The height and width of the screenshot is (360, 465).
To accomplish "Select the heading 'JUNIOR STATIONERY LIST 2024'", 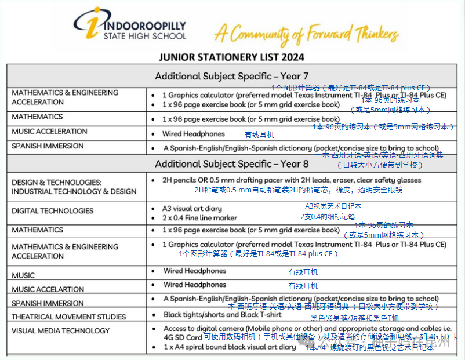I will click(232, 57).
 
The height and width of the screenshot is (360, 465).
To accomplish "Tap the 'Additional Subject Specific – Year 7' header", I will click(232, 76).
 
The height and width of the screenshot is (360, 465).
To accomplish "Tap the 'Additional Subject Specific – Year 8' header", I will click(232, 164).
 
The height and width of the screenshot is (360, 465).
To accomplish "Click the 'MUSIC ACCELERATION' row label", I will click(50, 132).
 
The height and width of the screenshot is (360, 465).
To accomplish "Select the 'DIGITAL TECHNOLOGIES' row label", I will click(53, 210).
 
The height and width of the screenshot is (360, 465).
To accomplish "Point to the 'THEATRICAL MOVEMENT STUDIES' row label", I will click(69, 317).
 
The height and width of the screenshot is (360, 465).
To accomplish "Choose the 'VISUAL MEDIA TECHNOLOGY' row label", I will click(61, 330).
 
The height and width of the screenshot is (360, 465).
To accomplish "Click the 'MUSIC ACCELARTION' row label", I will click(48, 289).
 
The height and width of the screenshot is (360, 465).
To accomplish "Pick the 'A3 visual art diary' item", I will click(192, 208).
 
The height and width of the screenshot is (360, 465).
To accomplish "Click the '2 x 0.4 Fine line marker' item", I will click(200, 218).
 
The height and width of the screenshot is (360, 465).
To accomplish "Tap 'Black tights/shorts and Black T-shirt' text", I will click(223, 315).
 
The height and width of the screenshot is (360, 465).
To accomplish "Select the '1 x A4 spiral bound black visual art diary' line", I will click(229, 347).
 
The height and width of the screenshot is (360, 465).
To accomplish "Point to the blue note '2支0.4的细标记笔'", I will click(328, 216).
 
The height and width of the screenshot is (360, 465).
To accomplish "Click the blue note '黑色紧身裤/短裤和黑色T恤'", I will click(355, 318).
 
